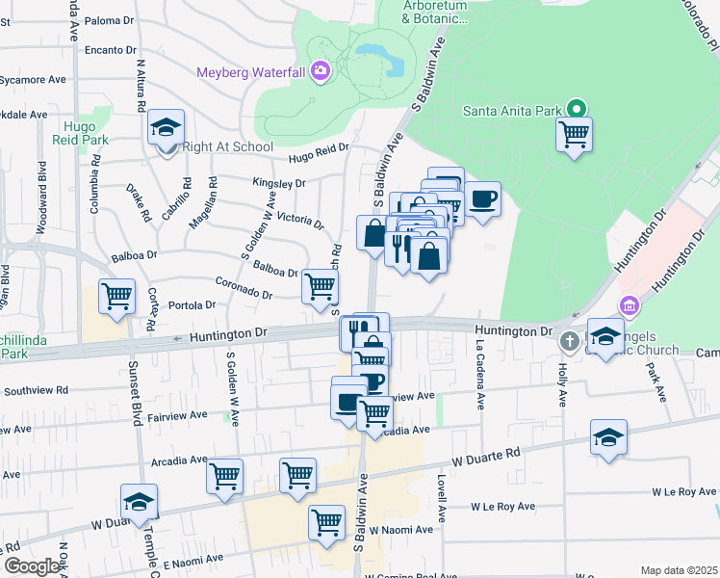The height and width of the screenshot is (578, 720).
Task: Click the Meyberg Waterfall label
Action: tap(250, 72)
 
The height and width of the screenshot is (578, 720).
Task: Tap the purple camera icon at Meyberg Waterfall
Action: tap(320, 70)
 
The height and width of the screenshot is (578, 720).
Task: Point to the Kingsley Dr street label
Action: tap(279, 182)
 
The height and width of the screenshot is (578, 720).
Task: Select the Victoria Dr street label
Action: tap(299, 219)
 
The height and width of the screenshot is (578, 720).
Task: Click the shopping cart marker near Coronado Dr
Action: tap(320, 285)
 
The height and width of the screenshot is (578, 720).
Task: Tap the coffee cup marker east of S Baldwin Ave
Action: tap(482, 199)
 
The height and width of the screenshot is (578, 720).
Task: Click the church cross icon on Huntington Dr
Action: tap(569, 341)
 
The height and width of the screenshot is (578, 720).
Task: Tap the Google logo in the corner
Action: tap(32, 566)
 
